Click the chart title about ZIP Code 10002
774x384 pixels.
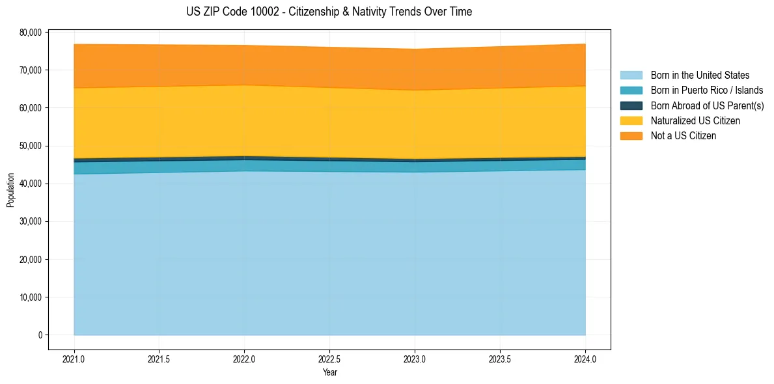point(329,12)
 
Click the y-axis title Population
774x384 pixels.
point(10,189)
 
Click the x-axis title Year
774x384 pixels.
point(329,372)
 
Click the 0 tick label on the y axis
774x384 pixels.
point(40,335)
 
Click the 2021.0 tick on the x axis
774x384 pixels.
point(74,359)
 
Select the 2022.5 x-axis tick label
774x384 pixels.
point(329,359)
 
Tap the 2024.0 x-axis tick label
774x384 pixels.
point(585,359)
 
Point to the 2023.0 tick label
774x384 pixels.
point(415,359)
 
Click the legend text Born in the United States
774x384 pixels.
point(700,75)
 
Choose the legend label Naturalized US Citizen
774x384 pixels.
point(695,121)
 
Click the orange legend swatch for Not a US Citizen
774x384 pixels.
point(631,136)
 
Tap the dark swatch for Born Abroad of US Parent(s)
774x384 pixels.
point(631,105)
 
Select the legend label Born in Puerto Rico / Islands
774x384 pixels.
point(706,90)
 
